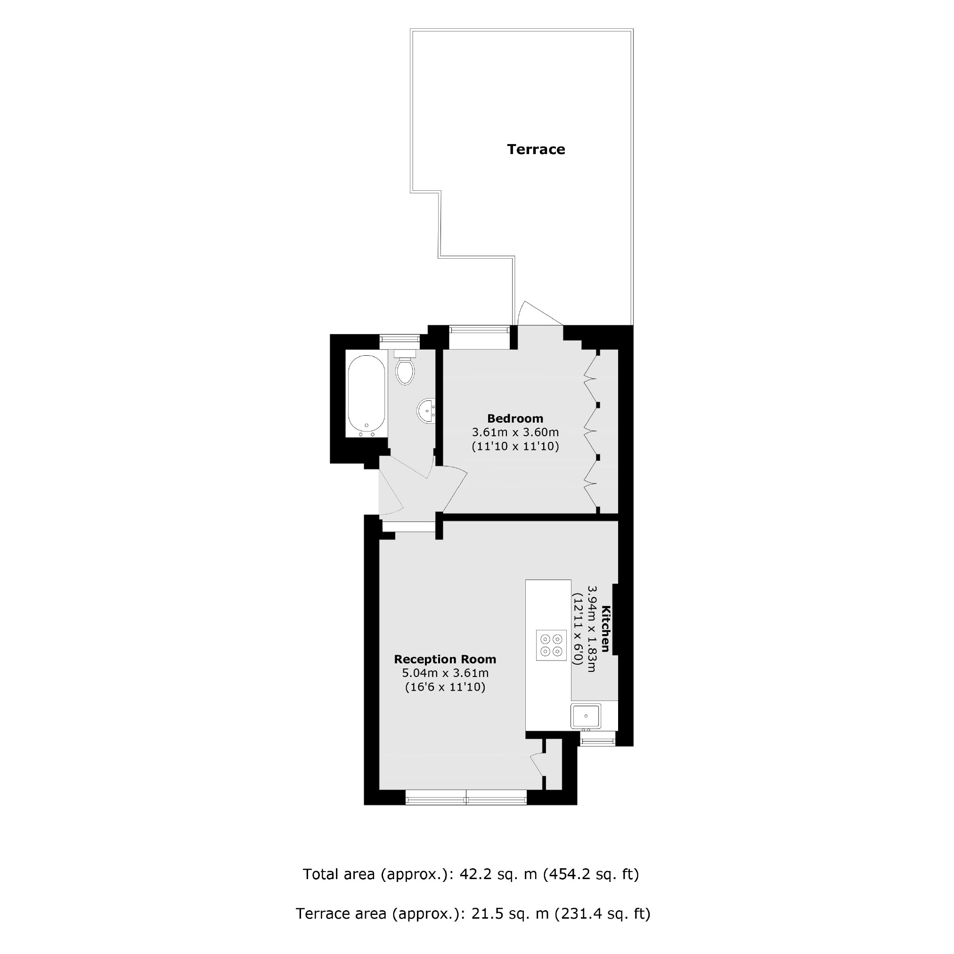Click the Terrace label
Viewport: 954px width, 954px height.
tap(536, 149)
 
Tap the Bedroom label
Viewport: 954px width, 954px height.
tap(515, 418)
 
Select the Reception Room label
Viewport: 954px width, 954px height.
tap(444, 659)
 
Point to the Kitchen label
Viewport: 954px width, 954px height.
tap(606, 628)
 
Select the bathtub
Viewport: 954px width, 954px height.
tap(367, 395)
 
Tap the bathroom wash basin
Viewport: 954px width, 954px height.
tap(427, 410)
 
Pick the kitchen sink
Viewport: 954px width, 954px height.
tap(586, 716)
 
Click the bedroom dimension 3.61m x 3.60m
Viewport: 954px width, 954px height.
tap(515, 432)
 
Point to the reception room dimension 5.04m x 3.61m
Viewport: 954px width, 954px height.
tap(444, 673)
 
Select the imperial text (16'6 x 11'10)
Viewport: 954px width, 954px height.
tap(444, 687)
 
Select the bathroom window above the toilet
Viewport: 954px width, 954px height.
tap(400, 339)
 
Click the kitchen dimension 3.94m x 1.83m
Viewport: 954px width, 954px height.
tap(592, 628)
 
